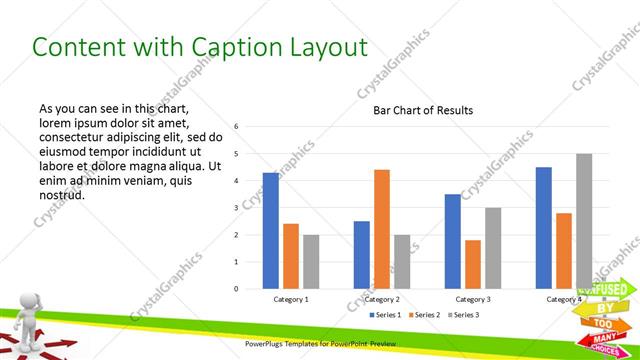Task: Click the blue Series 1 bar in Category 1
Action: click(x=270, y=230)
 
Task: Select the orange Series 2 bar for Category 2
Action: click(x=382, y=229)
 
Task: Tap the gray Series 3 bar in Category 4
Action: click(x=584, y=221)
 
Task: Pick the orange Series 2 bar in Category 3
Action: click(x=473, y=264)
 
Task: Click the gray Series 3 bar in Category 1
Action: click(x=312, y=262)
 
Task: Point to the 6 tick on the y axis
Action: click(x=236, y=127)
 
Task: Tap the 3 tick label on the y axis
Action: click(x=236, y=208)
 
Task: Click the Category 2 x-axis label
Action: click(x=382, y=299)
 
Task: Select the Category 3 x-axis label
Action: click(x=473, y=299)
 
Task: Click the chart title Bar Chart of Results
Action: click(x=423, y=110)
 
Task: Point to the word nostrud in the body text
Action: click(x=62, y=194)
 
